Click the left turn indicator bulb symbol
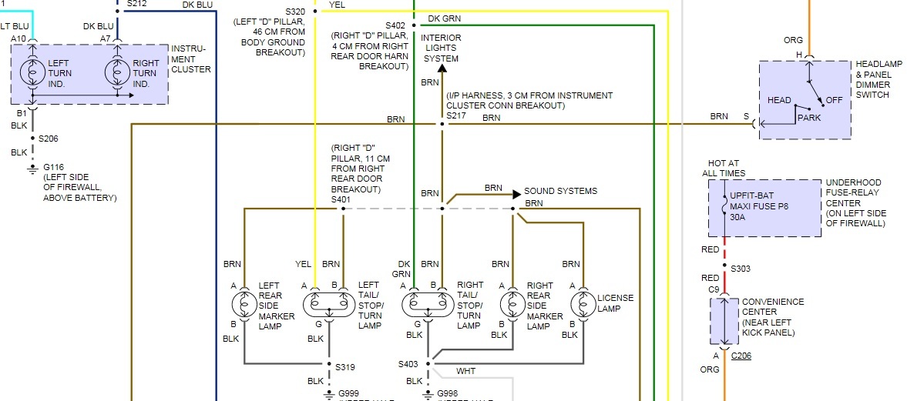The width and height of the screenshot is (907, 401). [x=33, y=73]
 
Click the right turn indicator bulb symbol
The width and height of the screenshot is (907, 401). [x=117, y=73]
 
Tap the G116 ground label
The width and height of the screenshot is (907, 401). [x=53, y=166]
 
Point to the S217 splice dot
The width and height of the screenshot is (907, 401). [x=442, y=123]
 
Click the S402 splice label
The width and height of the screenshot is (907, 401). [x=395, y=25]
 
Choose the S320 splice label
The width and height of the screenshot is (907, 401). [x=294, y=12]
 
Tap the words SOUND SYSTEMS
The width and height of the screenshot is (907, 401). [x=560, y=191]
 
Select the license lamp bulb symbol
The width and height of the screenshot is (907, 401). [x=583, y=303]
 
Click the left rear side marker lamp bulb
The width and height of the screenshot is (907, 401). [x=244, y=303]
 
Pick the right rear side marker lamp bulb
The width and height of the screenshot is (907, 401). [x=512, y=303]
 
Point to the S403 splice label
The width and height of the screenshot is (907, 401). [x=408, y=364]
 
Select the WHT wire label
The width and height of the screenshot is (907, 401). [x=466, y=372]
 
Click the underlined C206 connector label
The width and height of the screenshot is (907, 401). [x=741, y=356]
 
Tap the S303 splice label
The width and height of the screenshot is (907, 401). [x=741, y=268]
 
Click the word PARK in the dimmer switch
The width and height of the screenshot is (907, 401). [x=810, y=118]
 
